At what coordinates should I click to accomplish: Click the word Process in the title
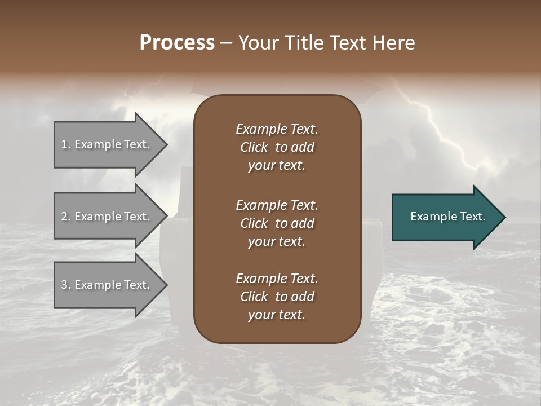pyautogui.click(x=177, y=42)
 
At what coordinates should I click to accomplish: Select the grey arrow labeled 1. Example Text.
pyautogui.click(x=107, y=144)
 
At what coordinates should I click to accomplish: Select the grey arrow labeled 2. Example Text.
pyautogui.click(x=107, y=217)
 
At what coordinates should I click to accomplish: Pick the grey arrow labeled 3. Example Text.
pyautogui.click(x=107, y=285)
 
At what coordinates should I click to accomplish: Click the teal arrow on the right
pyautogui.click(x=445, y=217)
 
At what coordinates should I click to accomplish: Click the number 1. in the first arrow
pyautogui.click(x=66, y=144)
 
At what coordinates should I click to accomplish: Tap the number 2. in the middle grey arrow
pyautogui.click(x=66, y=217)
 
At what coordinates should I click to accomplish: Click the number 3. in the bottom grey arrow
pyautogui.click(x=66, y=285)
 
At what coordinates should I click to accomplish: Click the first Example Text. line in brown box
pyautogui.click(x=277, y=129)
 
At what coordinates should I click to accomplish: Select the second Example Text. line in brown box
pyautogui.click(x=277, y=205)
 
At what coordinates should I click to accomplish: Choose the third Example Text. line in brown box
pyautogui.click(x=277, y=278)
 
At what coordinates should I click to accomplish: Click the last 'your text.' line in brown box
pyautogui.click(x=277, y=315)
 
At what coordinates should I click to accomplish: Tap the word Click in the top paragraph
pyautogui.click(x=254, y=147)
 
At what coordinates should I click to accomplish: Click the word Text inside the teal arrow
pyautogui.click(x=472, y=217)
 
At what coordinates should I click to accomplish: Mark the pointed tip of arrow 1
pyautogui.click(x=166, y=144)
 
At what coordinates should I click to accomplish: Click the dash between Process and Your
pyautogui.click(x=226, y=42)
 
